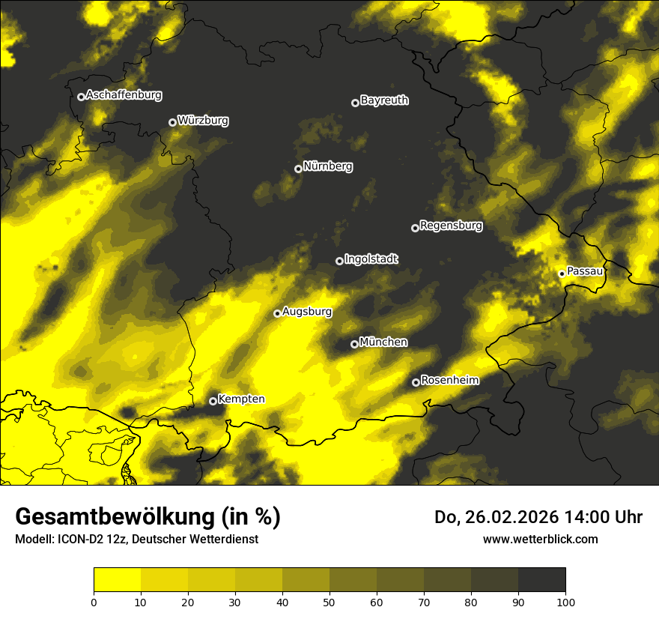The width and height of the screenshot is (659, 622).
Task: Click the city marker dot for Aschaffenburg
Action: click(81, 97)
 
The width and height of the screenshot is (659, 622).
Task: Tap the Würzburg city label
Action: click(203, 120)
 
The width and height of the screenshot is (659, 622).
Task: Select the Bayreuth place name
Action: click(384, 100)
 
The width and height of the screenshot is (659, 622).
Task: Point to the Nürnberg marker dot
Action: click(298, 169)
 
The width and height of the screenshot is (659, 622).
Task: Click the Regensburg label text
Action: click(451, 225)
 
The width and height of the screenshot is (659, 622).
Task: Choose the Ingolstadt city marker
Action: click(339, 261)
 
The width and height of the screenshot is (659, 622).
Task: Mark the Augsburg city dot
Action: click(277, 313)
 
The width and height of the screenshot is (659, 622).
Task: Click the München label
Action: click(383, 342)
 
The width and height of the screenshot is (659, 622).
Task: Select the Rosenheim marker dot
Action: click(416, 383)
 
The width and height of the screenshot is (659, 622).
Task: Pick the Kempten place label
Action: click(241, 399)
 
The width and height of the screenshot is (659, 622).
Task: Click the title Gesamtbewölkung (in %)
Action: click(148, 516)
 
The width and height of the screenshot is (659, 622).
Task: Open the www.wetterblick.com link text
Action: click(540, 539)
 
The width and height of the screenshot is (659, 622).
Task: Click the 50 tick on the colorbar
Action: click(329, 601)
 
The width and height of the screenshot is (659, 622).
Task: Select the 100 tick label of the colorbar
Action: click(565, 601)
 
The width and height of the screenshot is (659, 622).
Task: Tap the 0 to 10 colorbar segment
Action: click(118, 580)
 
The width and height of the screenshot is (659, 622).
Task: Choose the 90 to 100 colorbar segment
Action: click(541, 580)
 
